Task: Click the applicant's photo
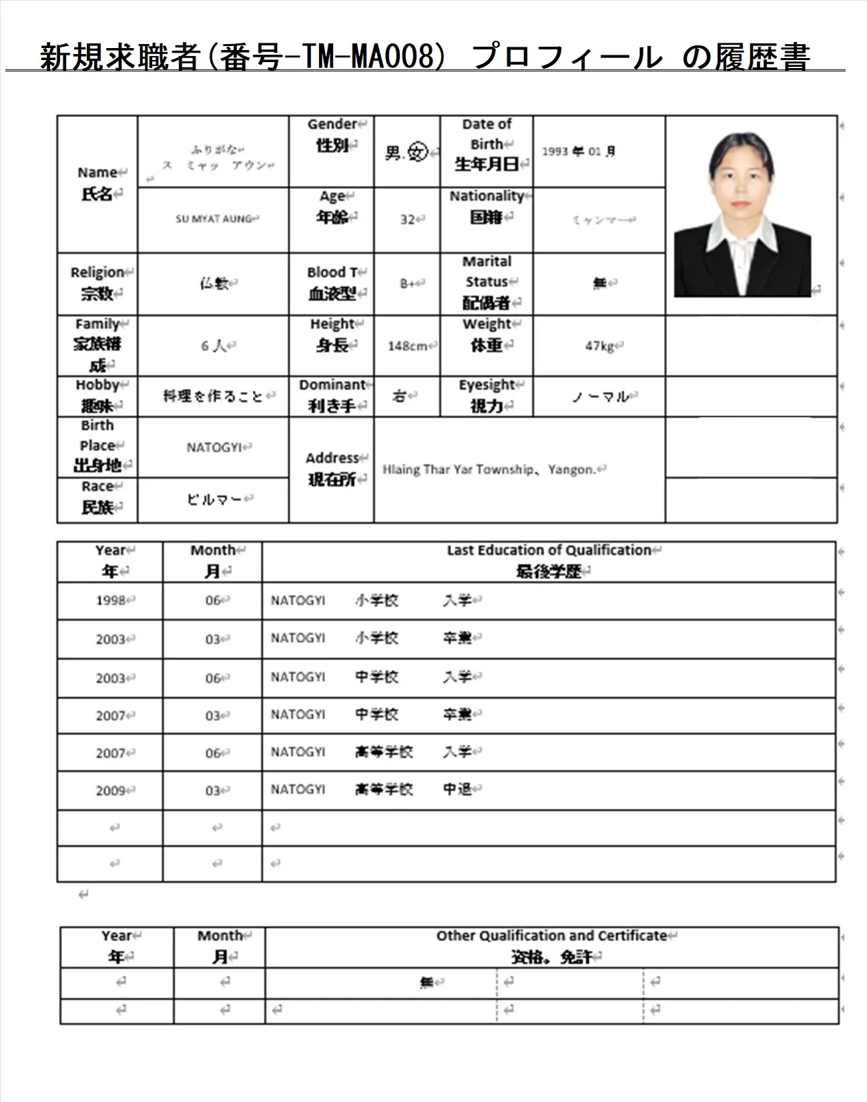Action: [x=742, y=214]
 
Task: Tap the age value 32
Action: [x=407, y=220]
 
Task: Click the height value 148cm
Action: [x=407, y=346]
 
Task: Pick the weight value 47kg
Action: [x=599, y=346]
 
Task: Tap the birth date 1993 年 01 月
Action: [x=578, y=152]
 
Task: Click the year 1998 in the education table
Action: [x=111, y=601]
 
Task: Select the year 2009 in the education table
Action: [x=111, y=791]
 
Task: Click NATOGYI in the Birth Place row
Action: [x=214, y=447]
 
